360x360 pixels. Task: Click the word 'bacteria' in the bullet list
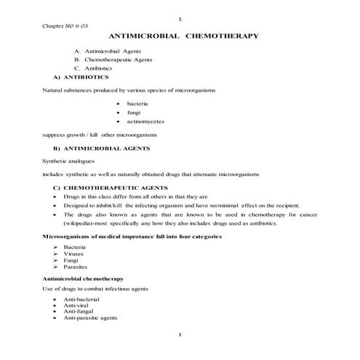point(137,105)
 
